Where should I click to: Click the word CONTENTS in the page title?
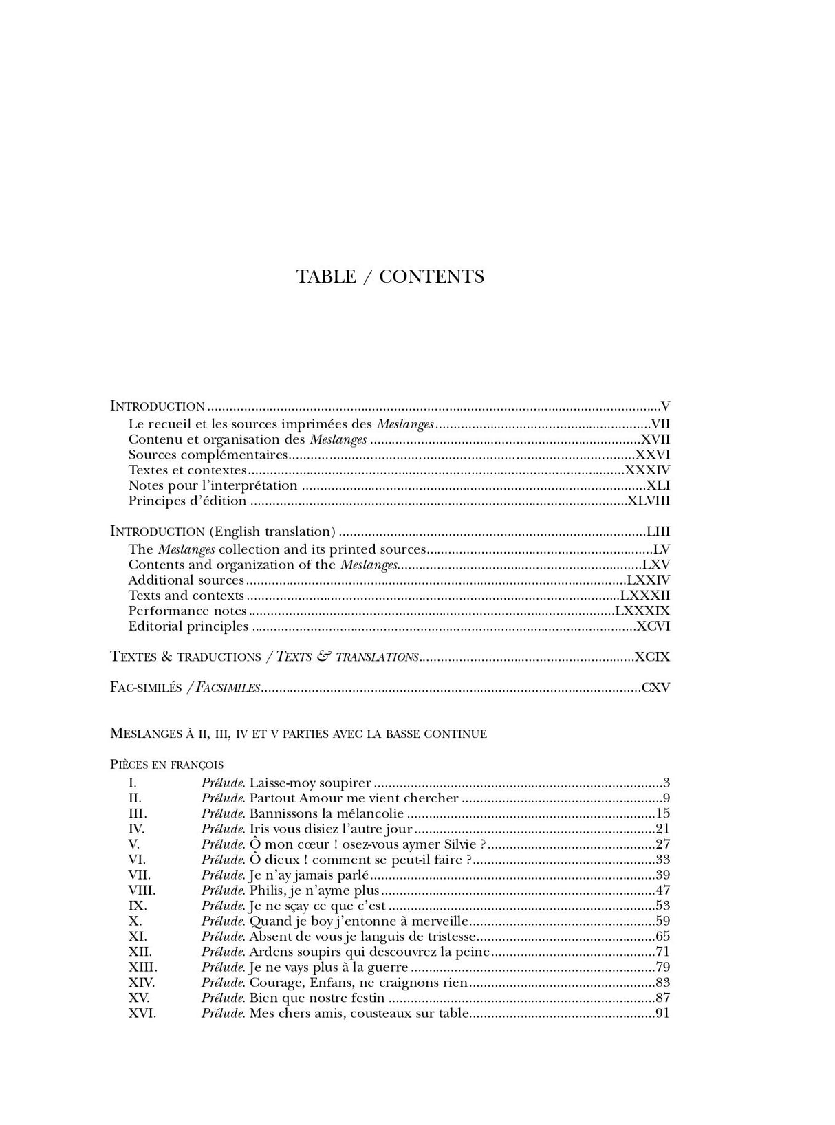pos(431,276)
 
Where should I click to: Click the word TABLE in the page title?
pos(326,276)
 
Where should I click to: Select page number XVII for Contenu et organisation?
pos(655,439)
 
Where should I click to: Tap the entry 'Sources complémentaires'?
pos(208,455)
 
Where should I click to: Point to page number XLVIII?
pos(648,501)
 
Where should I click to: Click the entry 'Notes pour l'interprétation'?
pos(213,485)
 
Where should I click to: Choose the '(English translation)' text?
pos(273,532)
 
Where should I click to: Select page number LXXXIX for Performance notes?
pos(642,611)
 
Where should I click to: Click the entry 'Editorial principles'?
pos(188,626)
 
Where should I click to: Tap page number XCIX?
pos(652,657)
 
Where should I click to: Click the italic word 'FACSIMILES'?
pos(228,688)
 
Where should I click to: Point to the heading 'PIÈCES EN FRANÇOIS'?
pos(166,764)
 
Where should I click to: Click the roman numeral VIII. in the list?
pos(142,891)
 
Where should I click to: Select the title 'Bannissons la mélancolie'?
pos(326,813)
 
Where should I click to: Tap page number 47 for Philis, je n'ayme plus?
pos(662,891)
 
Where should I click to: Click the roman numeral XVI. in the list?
pos(142,1014)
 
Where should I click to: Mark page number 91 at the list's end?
pos(662,1014)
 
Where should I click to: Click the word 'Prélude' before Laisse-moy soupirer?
pos(223,783)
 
